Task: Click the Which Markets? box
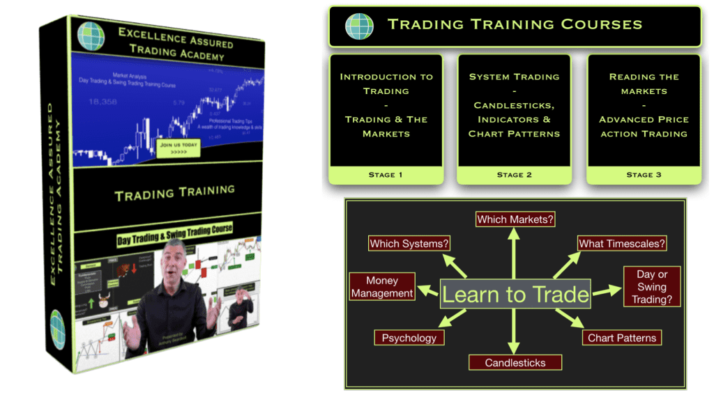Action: pyautogui.click(x=515, y=219)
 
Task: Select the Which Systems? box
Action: pyautogui.click(x=409, y=243)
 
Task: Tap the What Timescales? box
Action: pyautogui.click(x=622, y=243)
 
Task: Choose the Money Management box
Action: pyautogui.click(x=381, y=287)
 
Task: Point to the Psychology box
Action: pyautogui.click(x=409, y=338)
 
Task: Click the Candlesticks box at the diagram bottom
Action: pyautogui.click(x=515, y=362)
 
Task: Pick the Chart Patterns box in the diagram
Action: pyautogui.click(x=622, y=338)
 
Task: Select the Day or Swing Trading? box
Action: pyautogui.click(x=652, y=287)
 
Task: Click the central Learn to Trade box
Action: pyautogui.click(x=515, y=294)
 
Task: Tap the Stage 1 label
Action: pyautogui.click(x=386, y=175)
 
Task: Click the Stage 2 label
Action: pyautogui.click(x=514, y=175)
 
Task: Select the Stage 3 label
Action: pyautogui.click(x=644, y=175)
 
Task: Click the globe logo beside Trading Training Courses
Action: pyautogui.click(x=359, y=26)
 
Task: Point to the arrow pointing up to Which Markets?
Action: pyautogui.click(x=515, y=254)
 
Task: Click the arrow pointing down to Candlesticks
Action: pyautogui.click(x=515, y=331)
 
